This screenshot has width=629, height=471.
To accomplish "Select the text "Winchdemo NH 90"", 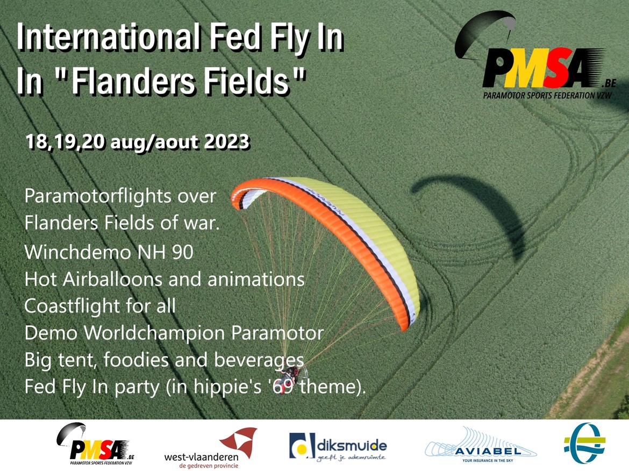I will pyautogui.click(x=109, y=253).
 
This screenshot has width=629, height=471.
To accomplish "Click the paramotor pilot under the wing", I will pyautogui.click(x=292, y=374).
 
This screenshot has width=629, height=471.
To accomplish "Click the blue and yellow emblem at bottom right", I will pyautogui.click(x=584, y=444).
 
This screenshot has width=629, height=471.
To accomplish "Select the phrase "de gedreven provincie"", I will pyautogui.click(x=209, y=466).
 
